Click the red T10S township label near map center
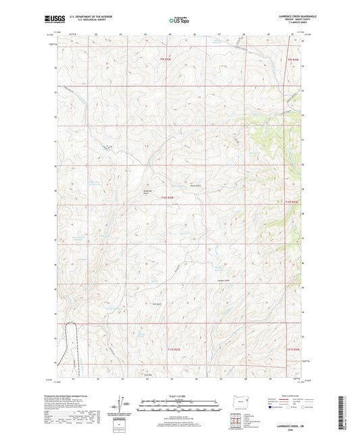[167, 198]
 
